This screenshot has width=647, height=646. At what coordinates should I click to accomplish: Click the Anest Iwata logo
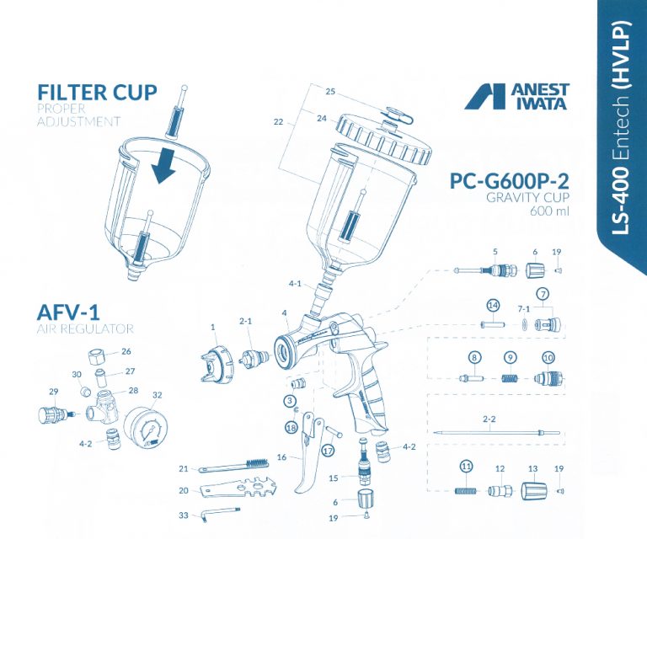(516, 96)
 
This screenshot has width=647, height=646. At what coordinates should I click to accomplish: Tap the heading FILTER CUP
(97, 92)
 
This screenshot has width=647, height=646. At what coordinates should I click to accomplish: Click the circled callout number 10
(548, 357)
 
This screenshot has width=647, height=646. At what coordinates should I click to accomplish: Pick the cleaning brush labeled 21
(234, 466)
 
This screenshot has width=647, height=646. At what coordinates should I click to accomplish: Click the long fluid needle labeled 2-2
(496, 435)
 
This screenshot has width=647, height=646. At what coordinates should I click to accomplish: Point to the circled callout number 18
(291, 428)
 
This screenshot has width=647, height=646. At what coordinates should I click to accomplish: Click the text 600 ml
(549, 211)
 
